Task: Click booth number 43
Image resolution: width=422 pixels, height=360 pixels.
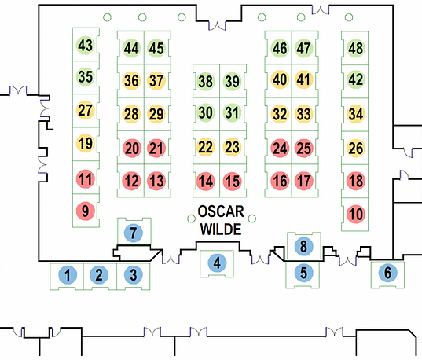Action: (86, 45)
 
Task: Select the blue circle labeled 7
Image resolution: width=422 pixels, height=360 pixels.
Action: (134, 233)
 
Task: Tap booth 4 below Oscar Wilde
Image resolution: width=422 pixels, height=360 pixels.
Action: (217, 263)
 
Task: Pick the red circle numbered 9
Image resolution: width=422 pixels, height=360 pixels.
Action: (86, 211)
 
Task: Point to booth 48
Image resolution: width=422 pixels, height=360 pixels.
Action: (356, 48)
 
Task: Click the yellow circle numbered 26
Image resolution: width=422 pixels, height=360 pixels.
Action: (356, 148)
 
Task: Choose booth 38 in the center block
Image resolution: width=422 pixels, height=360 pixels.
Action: (205, 81)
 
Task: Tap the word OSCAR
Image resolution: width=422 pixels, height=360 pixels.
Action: (221, 211)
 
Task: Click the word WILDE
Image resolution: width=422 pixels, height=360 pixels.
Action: (221, 230)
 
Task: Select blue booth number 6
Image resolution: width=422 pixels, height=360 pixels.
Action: (387, 273)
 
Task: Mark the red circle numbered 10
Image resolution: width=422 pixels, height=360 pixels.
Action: (356, 214)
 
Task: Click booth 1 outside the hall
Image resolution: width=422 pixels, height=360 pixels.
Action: (68, 275)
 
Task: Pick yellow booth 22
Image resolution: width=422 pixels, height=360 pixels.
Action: (205, 147)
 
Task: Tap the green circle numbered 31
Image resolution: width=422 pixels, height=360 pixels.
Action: (232, 112)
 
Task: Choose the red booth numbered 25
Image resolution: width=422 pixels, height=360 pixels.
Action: (304, 148)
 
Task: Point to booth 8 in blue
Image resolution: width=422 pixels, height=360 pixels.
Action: (303, 246)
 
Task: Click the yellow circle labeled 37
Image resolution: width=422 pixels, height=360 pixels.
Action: (156, 80)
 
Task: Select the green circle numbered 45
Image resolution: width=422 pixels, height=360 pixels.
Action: (156, 48)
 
